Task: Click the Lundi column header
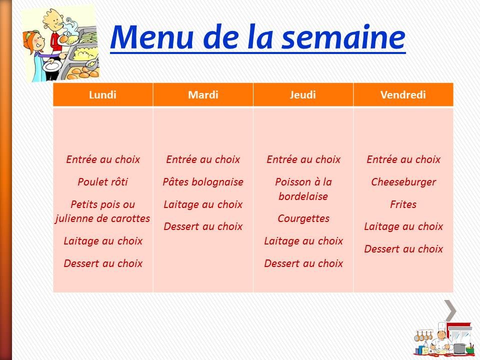tap(102, 95)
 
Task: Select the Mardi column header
tap(203, 95)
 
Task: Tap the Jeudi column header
tap(303, 95)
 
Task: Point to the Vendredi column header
tap(403, 95)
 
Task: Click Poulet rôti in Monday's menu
tap(102, 182)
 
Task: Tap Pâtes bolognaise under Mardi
tap(203, 182)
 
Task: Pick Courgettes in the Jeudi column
tap(303, 218)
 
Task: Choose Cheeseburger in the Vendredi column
tap(403, 182)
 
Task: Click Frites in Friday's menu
tap(403, 204)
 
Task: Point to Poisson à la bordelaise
tap(303, 189)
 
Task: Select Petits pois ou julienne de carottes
tap(102, 211)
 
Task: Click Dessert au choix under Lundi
tap(103, 263)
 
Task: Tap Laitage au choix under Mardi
tap(203, 204)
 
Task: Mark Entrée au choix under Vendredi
tap(403, 159)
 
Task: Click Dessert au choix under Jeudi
tap(303, 263)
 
